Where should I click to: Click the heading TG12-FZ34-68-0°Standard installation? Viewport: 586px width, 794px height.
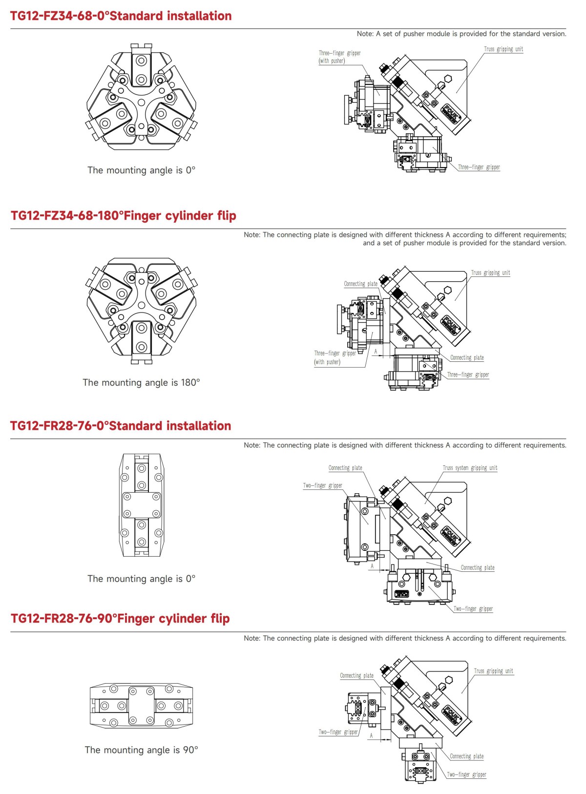pos(121,16)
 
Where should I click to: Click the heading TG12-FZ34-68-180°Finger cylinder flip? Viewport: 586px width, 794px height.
pos(123,216)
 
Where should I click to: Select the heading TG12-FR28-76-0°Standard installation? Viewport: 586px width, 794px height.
pos(120,426)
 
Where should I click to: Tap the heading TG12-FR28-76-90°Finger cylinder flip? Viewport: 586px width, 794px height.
pos(120,619)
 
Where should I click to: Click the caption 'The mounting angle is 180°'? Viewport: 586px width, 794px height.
pos(141,383)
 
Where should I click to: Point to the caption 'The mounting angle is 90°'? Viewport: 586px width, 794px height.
pos(141,750)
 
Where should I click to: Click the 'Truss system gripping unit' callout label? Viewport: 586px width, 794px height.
pos(469,468)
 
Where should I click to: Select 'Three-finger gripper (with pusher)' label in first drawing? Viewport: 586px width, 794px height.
pos(339,57)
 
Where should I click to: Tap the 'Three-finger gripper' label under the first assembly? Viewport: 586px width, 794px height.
pos(479,167)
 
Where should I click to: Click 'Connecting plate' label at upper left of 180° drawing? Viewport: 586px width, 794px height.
pos(360,284)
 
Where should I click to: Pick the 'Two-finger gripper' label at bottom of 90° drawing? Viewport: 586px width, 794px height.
pos(466,774)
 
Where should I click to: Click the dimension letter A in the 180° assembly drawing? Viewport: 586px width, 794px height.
pos(376,351)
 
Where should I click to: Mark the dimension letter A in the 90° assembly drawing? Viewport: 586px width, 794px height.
pos(371,735)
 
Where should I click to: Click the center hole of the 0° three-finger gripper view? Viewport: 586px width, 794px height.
pos(141,102)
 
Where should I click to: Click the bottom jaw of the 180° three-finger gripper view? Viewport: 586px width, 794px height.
pos(141,340)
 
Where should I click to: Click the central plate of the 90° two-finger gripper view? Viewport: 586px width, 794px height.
pos(141,706)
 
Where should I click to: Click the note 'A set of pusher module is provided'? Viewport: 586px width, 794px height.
pos(461,34)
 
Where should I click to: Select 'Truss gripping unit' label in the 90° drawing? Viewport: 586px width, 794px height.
pos(493,671)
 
